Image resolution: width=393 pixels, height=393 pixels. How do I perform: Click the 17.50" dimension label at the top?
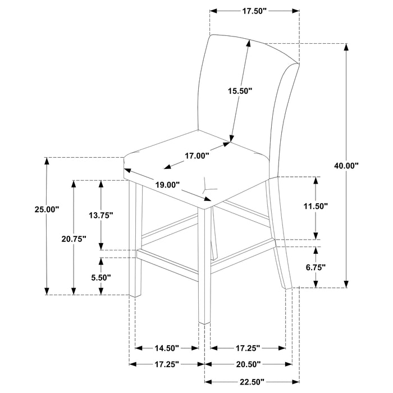(254, 11)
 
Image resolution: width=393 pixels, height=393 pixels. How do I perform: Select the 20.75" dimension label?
(74, 239)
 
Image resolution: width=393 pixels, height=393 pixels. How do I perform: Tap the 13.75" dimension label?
(102, 215)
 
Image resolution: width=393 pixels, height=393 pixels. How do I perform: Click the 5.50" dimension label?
(102, 277)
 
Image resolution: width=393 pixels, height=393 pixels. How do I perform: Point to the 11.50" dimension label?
(316, 206)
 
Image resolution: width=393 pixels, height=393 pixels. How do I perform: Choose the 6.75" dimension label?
(316, 267)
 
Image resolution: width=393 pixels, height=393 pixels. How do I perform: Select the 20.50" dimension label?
(248, 364)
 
